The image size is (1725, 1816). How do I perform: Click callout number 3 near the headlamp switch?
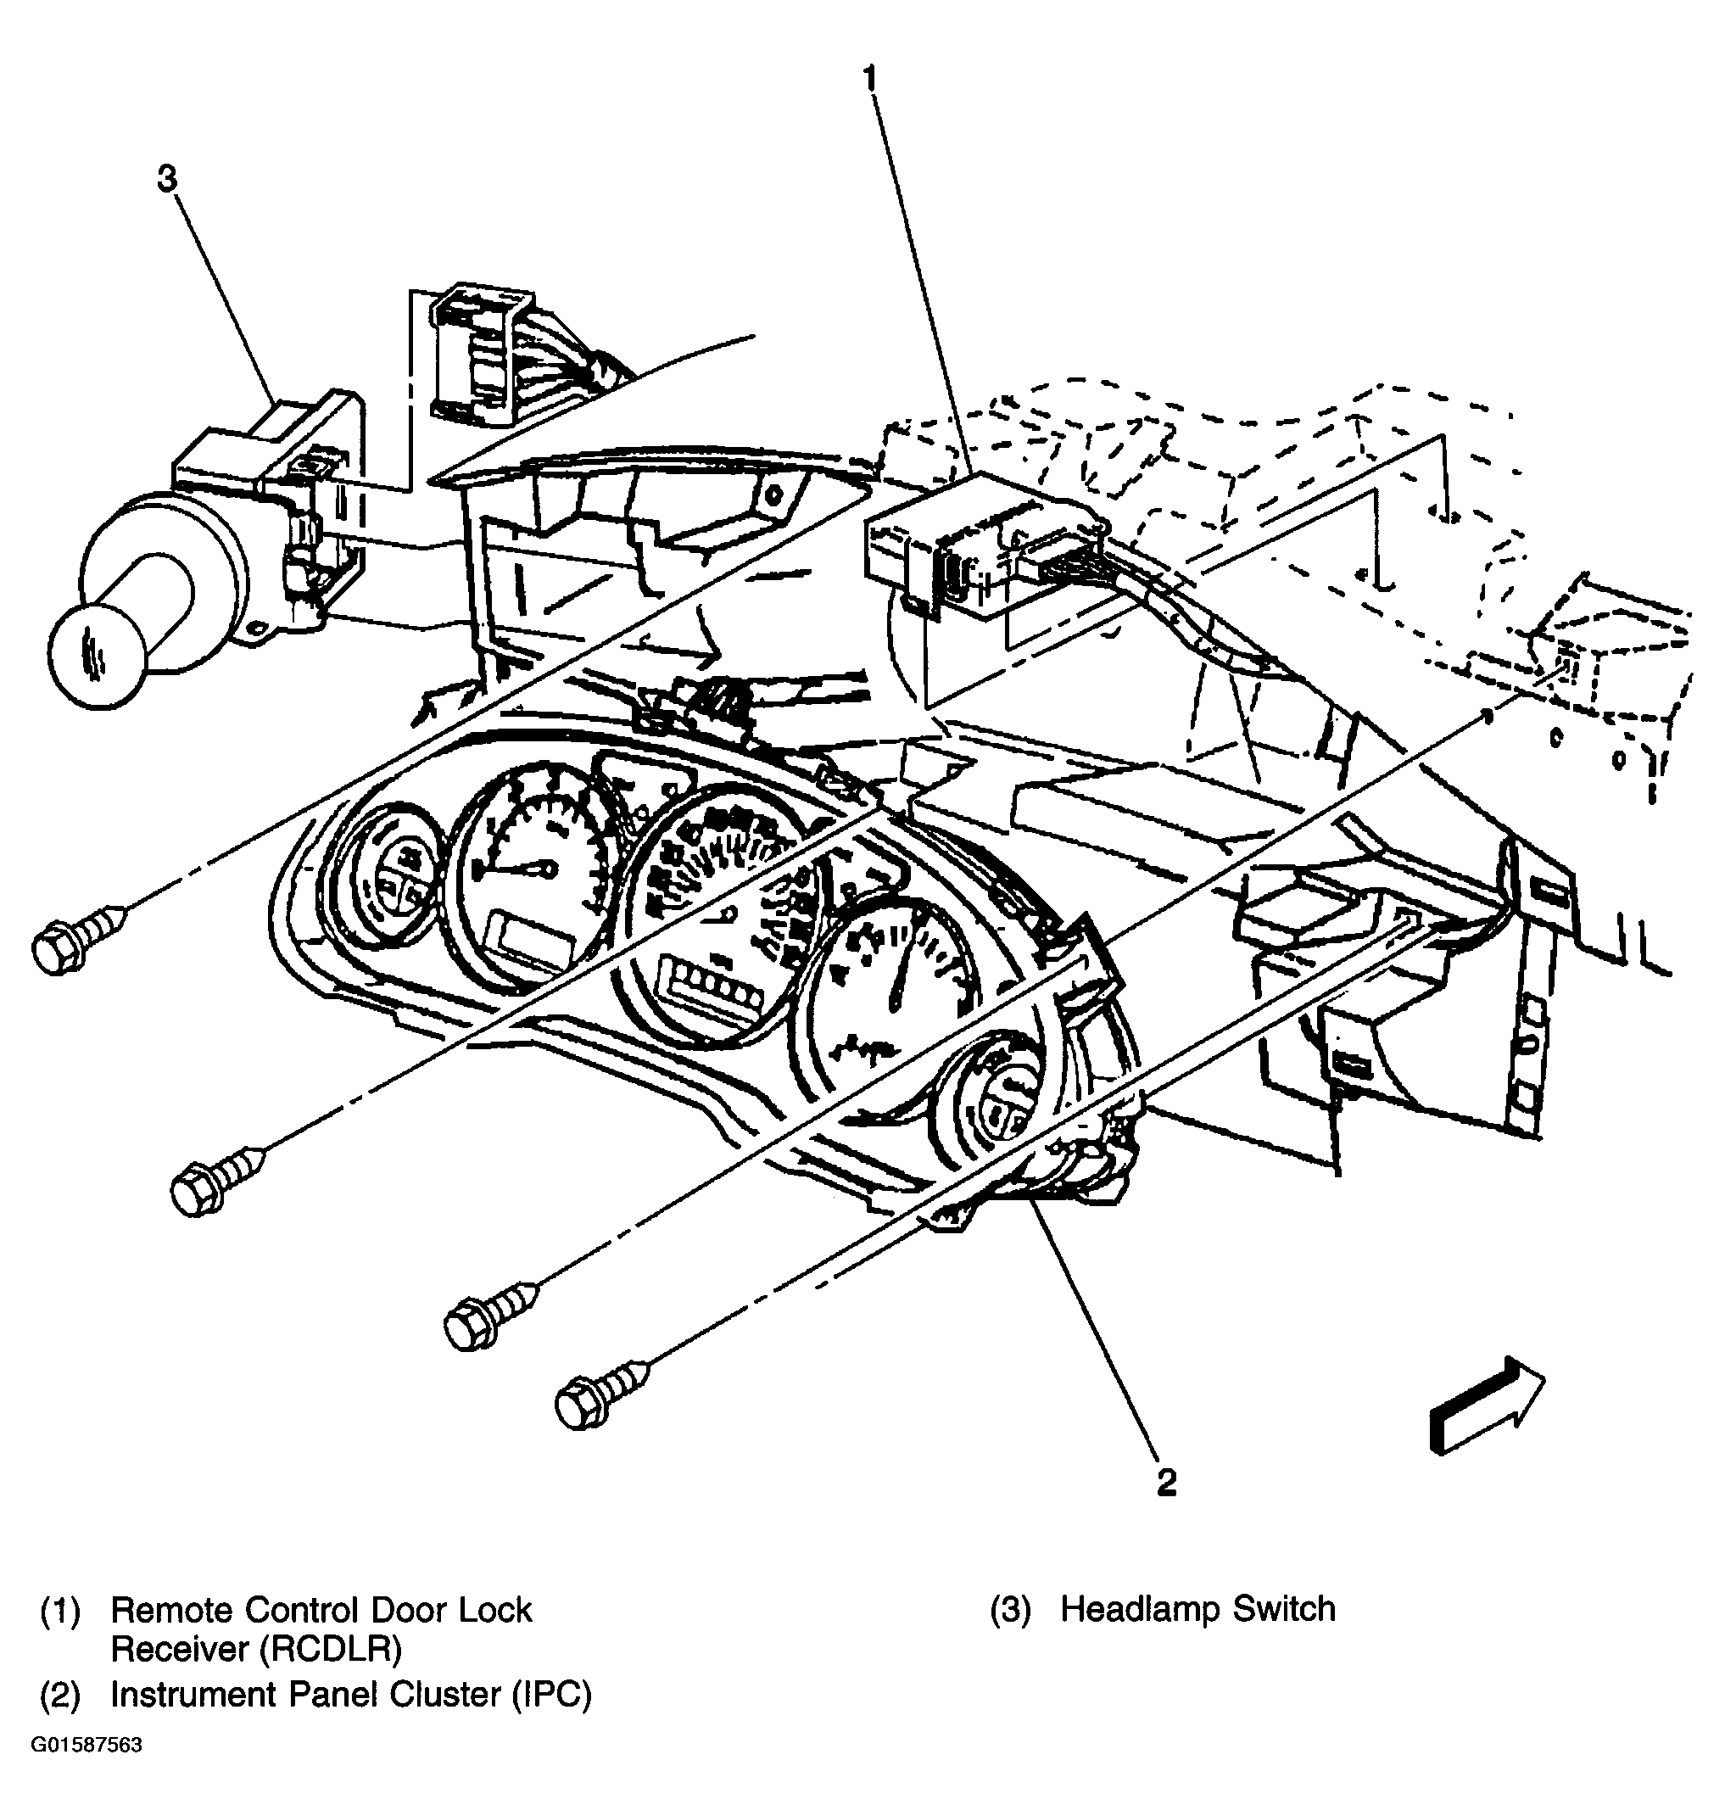(166, 179)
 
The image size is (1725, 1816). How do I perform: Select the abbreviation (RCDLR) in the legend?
(331, 1651)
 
